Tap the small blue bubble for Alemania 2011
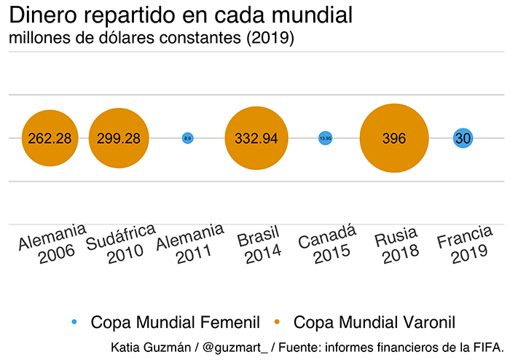tap(187, 138)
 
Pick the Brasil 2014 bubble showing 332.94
tap(256, 138)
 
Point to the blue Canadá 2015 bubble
tap(325, 138)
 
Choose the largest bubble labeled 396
tap(394, 138)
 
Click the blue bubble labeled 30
tap(463, 138)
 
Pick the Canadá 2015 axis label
tap(328, 244)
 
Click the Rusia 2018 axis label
tap(397, 244)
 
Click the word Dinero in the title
tap(46, 15)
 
